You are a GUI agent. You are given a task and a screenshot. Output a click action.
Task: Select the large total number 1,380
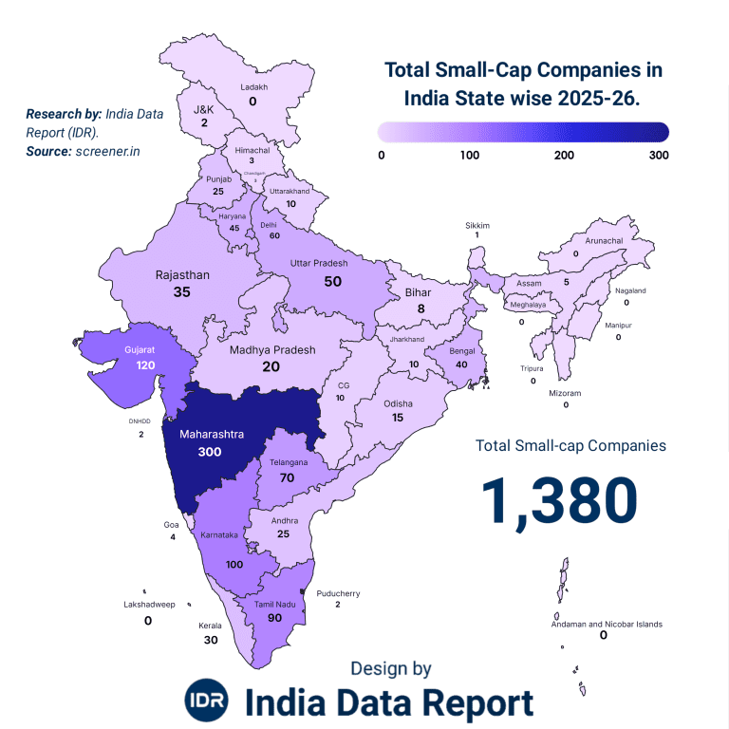point(558,500)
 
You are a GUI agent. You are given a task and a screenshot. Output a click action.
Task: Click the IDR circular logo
point(207,701)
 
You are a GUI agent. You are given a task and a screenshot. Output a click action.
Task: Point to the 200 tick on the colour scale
point(563,155)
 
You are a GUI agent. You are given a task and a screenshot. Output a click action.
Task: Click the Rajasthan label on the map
point(182,275)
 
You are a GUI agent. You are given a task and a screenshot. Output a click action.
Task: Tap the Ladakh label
point(253,87)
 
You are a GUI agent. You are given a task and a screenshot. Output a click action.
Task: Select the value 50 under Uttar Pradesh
point(332,281)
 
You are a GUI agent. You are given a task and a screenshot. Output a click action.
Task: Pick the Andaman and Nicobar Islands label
point(607,624)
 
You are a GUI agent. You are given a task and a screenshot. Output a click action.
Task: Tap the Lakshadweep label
point(149,604)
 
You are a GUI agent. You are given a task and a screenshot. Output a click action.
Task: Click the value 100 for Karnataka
point(234,564)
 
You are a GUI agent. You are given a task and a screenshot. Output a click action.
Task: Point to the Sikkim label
point(477,225)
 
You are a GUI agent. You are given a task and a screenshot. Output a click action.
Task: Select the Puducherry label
point(338,593)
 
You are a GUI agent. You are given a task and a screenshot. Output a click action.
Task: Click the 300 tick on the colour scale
point(658,155)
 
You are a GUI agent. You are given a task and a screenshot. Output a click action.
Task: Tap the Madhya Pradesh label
point(272,349)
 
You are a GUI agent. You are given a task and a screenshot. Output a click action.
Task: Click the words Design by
point(390,668)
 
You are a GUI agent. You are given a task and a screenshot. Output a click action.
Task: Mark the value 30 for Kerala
point(211,640)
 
